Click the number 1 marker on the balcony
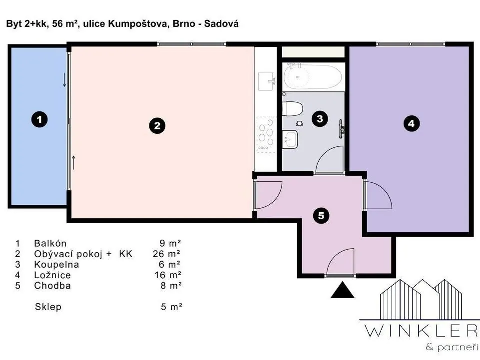coord(39,119)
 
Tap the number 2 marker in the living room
coord(157,125)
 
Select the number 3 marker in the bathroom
coord(320,118)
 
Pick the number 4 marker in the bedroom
coord(412,123)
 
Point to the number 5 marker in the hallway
coord(321,216)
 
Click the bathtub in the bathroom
coord(313,76)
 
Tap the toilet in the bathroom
coord(292,109)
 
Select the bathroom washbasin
coord(290,139)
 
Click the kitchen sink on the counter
coord(266,81)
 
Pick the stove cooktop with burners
coord(266,135)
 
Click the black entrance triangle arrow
coord(342,290)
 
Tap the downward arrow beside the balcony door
coord(64,80)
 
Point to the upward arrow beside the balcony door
coord(73,162)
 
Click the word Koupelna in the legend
coord(56,265)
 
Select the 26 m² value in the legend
coord(166,254)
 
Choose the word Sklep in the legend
coord(48,307)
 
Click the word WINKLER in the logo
coord(421,331)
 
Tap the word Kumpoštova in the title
coord(138,23)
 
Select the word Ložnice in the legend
coord(52,275)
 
